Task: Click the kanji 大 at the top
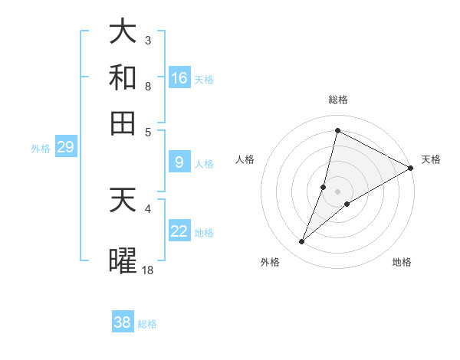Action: click(123, 32)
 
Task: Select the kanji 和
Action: click(123, 77)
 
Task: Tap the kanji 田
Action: click(123, 122)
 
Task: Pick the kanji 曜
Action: click(123, 260)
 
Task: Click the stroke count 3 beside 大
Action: click(147, 40)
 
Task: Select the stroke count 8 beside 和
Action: click(147, 86)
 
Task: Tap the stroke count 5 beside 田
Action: click(147, 131)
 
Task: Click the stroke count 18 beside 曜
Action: click(147, 270)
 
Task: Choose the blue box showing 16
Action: click(179, 77)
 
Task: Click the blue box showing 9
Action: click(179, 162)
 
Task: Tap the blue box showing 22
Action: click(179, 231)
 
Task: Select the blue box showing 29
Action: click(65, 148)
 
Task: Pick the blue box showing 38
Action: click(123, 322)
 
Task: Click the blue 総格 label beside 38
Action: click(147, 324)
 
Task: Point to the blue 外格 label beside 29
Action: click(41, 149)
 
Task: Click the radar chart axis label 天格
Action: click(431, 159)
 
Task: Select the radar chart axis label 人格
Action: click(245, 159)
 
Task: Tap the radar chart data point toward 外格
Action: click(302, 242)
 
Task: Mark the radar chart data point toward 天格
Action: click(410, 169)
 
